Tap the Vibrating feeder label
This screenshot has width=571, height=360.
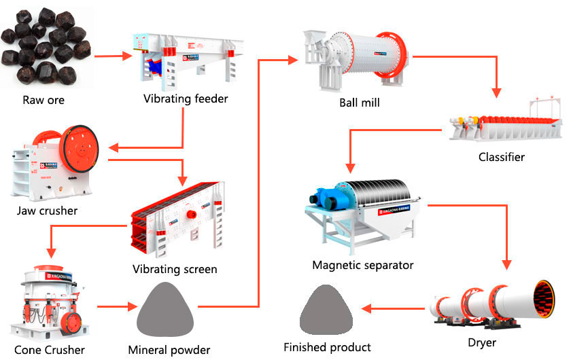186,98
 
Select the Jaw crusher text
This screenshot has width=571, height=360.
48,211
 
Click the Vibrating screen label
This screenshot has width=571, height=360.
175,269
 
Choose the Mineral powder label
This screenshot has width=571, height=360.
170,350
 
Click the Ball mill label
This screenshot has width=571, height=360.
360,103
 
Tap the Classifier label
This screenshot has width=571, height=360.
502,157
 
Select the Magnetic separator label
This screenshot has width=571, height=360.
363,265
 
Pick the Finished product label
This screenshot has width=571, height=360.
328,347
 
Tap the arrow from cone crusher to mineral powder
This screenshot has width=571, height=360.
115,307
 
